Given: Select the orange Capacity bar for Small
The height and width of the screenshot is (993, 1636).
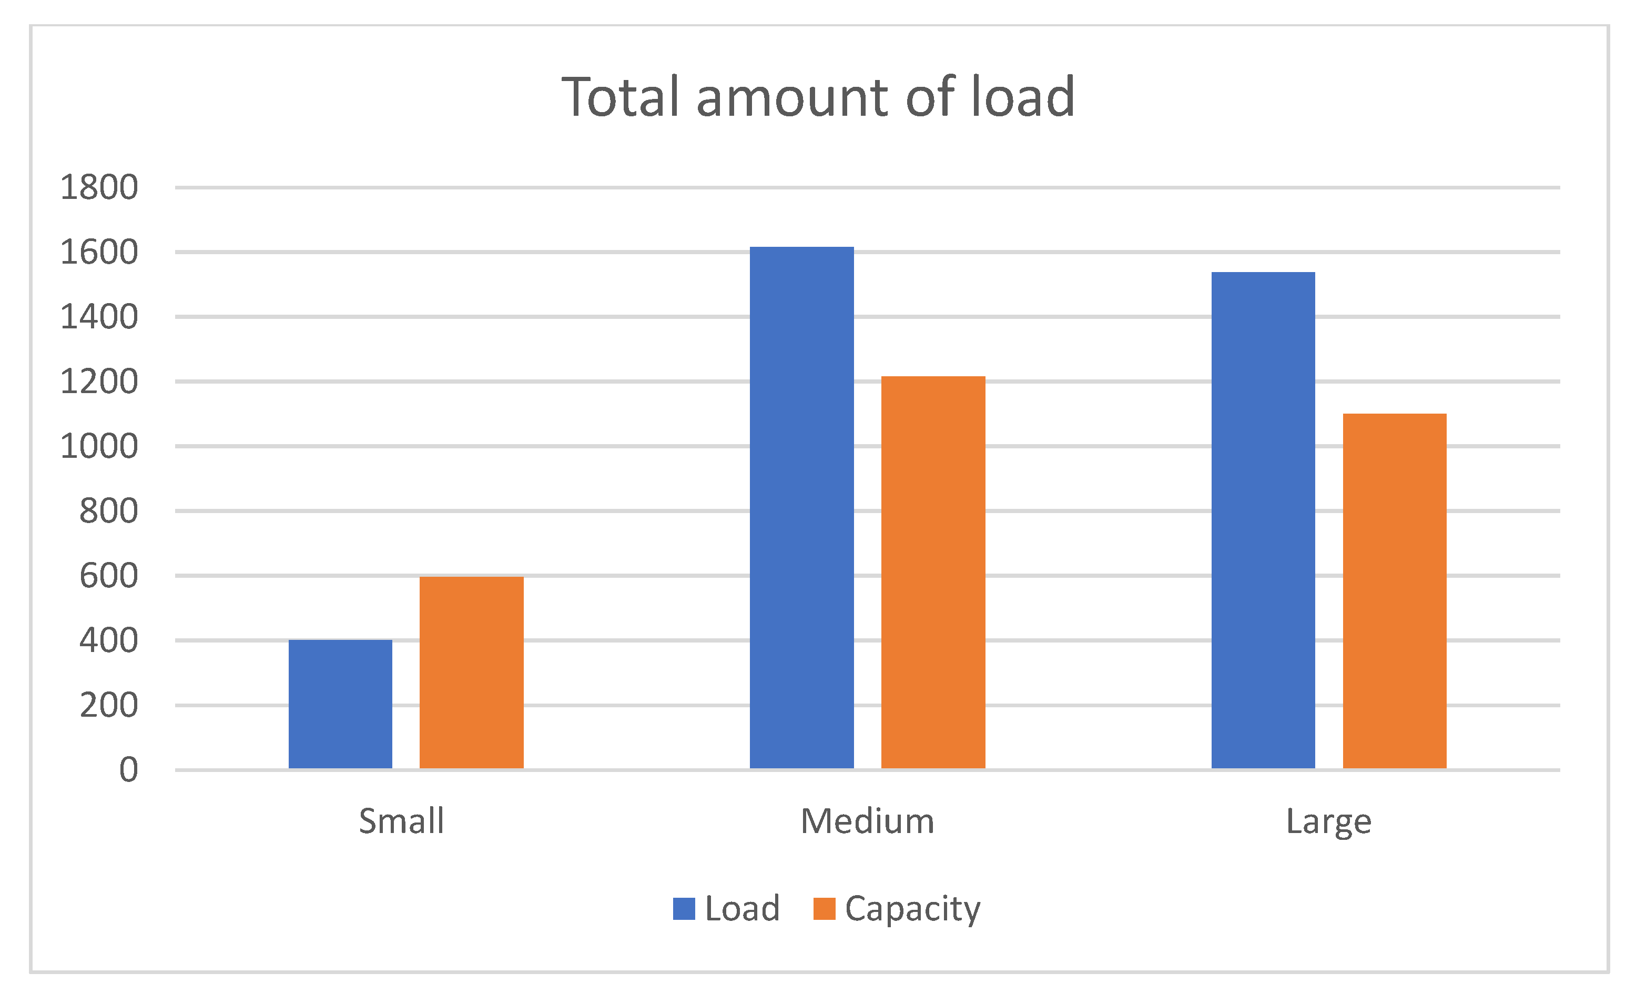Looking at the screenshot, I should [471, 672].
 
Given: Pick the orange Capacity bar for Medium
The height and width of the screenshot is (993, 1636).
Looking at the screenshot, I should [933, 572].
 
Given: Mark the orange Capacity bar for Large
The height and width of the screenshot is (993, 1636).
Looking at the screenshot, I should [1394, 590].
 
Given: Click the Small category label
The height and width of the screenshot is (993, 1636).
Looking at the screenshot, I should [401, 821].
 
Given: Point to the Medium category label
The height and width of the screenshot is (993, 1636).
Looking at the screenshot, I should [867, 821].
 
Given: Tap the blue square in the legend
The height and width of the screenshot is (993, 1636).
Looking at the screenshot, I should [684, 909].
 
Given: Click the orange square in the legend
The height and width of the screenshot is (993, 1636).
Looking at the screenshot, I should [824, 909].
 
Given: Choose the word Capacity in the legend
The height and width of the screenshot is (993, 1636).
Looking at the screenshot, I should [912, 909].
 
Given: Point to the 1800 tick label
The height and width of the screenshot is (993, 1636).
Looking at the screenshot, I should [99, 187].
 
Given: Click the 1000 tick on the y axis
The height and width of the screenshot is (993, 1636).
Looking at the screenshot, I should [99, 446].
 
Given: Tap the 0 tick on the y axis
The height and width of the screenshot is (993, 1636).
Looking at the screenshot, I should [128, 770].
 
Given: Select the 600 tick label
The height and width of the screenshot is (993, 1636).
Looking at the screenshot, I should [108, 576].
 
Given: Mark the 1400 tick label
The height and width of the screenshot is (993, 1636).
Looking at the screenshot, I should [99, 317].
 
